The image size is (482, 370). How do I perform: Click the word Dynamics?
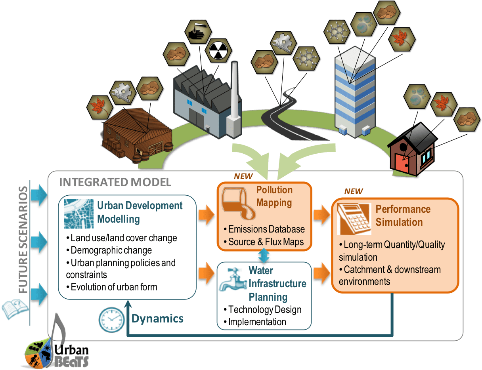tap(157, 318)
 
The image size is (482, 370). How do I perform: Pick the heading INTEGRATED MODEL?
tap(115, 182)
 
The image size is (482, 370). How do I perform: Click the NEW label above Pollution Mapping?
tap(243, 176)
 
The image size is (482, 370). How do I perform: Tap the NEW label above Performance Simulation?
tap(353, 191)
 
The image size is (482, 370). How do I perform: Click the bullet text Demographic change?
tap(111, 250)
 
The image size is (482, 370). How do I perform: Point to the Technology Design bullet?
tap(265, 309)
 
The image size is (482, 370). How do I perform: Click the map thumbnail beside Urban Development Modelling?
tap(78, 214)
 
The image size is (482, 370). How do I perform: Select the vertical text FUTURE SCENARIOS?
tap(24, 240)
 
